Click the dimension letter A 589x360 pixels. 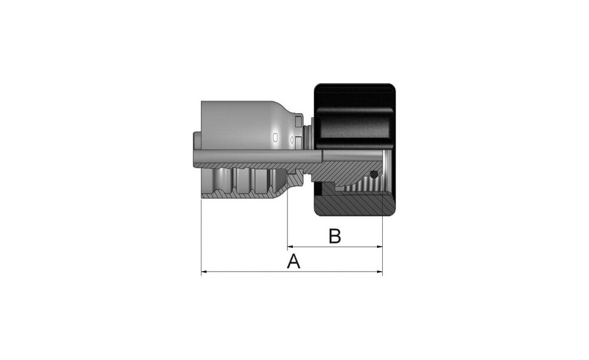294,262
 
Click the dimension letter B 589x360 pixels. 335,236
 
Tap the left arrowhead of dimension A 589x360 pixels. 204,271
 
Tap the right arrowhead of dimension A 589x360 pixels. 379,271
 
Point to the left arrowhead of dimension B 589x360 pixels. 290,247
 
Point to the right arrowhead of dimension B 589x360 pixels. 379,247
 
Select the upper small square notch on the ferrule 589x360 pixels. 298,122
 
